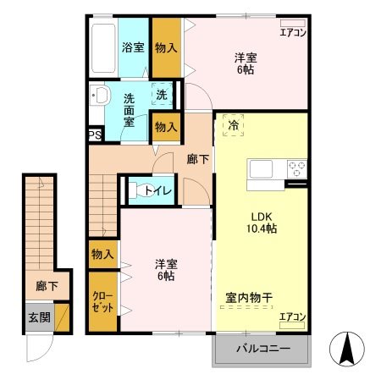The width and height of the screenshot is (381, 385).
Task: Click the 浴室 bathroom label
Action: pyautogui.click(x=132, y=47)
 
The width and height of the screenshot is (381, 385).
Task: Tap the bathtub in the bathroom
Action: pyautogui.click(x=103, y=48)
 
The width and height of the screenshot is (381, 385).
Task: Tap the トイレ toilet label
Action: pyautogui.click(x=158, y=190)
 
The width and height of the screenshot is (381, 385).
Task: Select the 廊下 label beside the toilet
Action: pyautogui.click(x=197, y=158)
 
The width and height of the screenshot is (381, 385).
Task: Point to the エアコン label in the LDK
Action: pyautogui.click(x=292, y=317)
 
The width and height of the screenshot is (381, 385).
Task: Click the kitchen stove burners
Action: pyautogui.click(x=296, y=167)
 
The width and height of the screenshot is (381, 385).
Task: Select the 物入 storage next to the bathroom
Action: pyautogui.click(x=165, y=47)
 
